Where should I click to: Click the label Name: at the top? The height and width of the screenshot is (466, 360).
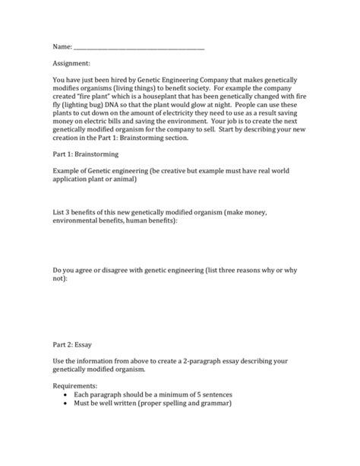(x=65, y=47)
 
